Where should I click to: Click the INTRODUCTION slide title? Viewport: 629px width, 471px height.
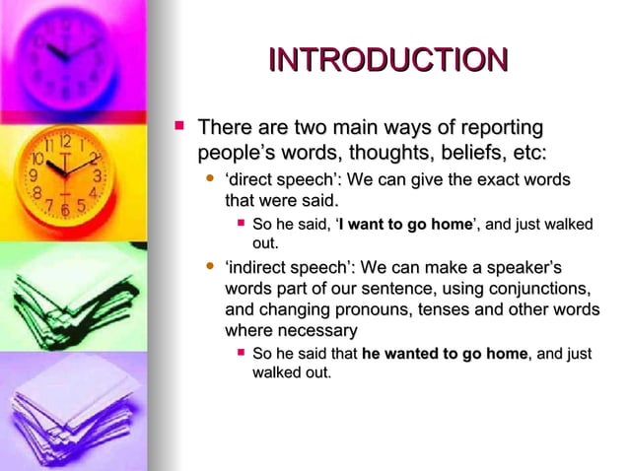point(387,60)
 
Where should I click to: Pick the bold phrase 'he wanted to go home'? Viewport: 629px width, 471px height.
point(446,354)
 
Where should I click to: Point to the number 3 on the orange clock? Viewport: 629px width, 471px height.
point(96,175)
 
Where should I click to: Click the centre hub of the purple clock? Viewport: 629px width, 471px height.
point(65,56)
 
